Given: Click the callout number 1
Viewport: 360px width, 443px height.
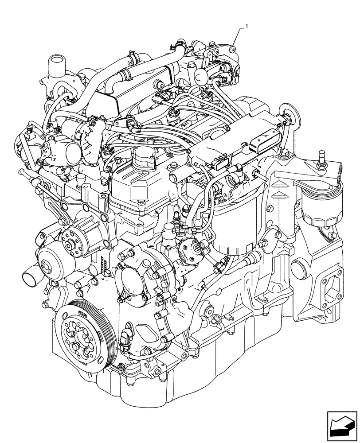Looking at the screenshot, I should [247, 27].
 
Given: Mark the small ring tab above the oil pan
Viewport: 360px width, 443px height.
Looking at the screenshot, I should [216, 319].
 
